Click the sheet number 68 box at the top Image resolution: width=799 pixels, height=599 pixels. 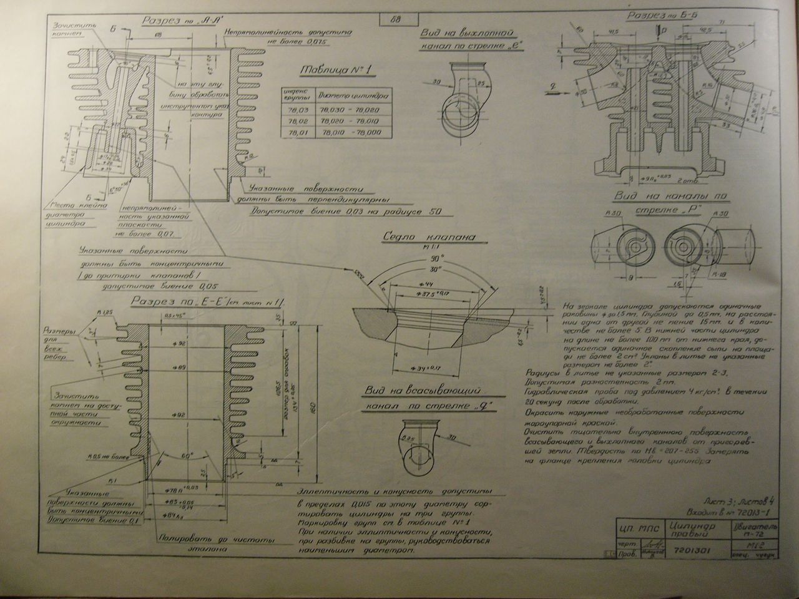tap(395, 18)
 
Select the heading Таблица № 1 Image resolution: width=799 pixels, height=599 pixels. tap(335, 70)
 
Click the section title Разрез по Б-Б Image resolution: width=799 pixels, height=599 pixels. tap(662, 16)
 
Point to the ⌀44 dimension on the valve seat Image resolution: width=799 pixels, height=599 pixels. tap(414, 284)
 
